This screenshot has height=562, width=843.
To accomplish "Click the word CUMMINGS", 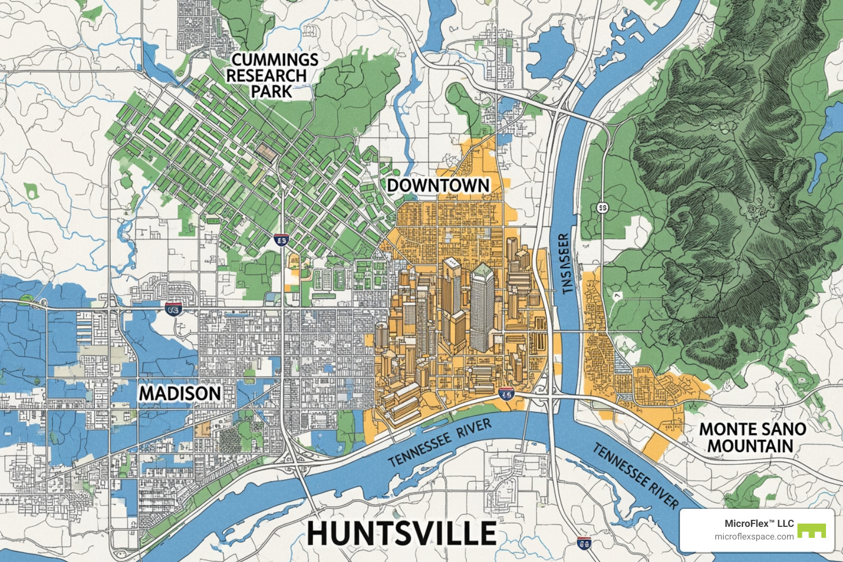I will [x=274, y=59].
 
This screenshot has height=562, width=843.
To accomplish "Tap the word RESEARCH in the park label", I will [x=266, y=76].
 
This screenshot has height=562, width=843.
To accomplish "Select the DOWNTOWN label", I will [x=438, y=186].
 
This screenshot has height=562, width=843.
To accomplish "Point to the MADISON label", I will [x=180, y=394].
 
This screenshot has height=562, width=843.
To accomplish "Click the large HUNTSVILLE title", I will [x=401, y=533].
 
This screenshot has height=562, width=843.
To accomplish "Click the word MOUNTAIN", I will [x=750, y=446].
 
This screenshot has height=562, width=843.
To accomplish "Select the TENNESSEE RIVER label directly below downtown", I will [x=440, y=442].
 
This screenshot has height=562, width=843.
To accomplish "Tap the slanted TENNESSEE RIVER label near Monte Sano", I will [x=636, y=475].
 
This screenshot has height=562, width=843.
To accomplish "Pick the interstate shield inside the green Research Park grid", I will [x=281, y=240].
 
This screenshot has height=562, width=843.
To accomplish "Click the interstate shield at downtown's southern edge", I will [x=507, y=394].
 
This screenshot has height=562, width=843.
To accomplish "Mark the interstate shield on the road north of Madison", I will [x=173, y=309].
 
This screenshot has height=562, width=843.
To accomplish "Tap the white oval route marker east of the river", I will [x=602, y=208].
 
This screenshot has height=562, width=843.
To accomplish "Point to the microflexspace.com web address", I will [x=754, y=537].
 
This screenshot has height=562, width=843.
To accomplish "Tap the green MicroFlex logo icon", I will [x=811, y=531].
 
